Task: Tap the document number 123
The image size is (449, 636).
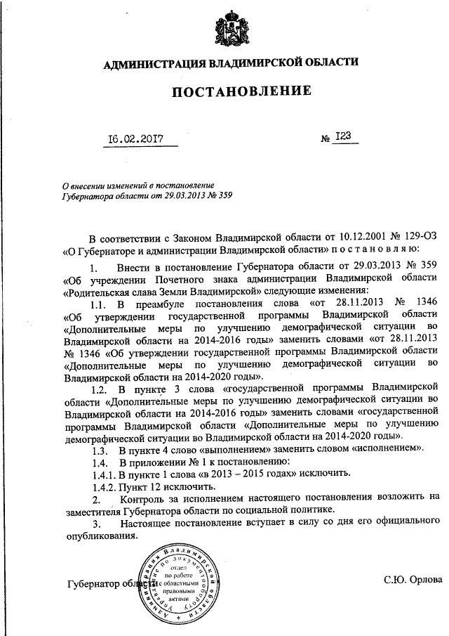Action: (x=343, y=137)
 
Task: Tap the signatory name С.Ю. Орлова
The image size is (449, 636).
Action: (x=413, y=580)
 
